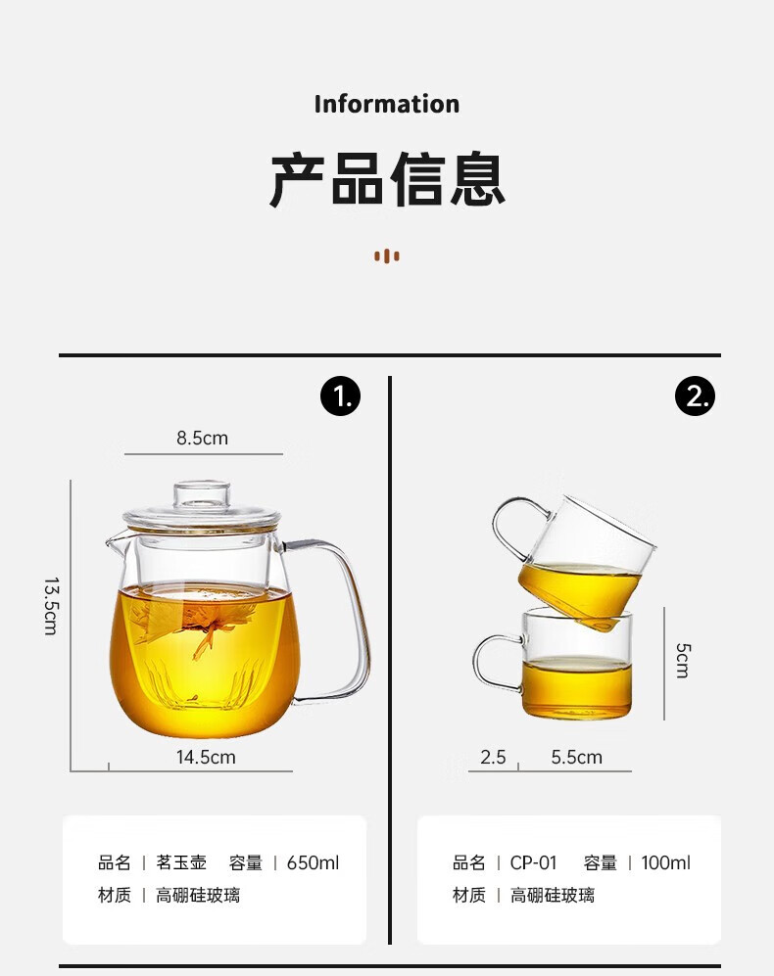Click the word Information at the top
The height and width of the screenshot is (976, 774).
click(x=386, y=104)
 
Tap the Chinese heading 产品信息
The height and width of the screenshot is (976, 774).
click(x=387, y=179)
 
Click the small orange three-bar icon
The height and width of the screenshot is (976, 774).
click(x=387, y=256)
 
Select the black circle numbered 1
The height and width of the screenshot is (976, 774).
click(x=340, y=395)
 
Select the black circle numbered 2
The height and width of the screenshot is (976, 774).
click(x=695, y=395)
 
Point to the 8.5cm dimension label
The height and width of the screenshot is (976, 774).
click(x=202, y=439)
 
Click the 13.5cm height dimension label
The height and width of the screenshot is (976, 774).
click(x=52, y=606)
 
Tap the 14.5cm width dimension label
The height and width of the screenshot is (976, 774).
click(x=206, y=757)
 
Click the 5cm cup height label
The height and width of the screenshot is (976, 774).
click(x=683, y=661)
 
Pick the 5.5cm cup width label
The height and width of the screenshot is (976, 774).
click(x=576, y=757)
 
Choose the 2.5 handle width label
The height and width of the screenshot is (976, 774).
click(x=493, y=757)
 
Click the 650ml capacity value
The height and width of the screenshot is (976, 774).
click(x=313, y=862)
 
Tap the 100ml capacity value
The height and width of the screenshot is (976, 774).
click(x=666, y=862)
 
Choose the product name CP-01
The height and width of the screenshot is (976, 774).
click(x=533, y=862)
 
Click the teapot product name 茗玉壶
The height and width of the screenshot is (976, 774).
click(x=181, y=862)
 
